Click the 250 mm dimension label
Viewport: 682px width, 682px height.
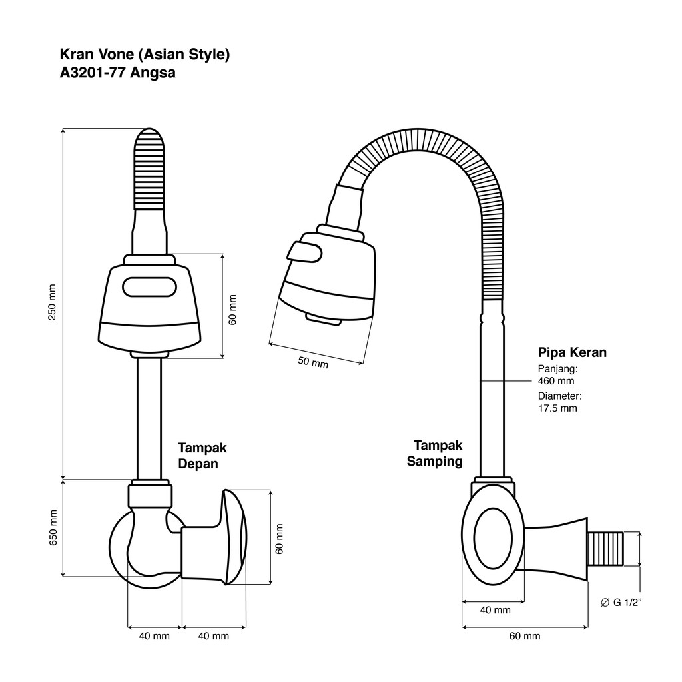[52, 302]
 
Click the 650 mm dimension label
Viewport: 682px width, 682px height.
[53, 528]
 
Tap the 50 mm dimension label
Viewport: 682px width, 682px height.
[313, 362]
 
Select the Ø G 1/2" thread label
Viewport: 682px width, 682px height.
[621, 602]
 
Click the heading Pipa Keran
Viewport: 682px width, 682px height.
[572, 352]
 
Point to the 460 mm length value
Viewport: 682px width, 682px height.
[556, 381]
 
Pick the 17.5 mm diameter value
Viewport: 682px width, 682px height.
[557, 408]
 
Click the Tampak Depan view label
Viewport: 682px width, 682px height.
[202, 456]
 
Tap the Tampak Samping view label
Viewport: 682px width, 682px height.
[434, 453]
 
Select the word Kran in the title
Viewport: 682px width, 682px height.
[72, 54]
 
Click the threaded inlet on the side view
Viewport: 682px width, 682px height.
[605, 549]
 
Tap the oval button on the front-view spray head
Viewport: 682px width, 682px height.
[149, 288]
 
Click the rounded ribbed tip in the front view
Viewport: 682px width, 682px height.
[149, 169]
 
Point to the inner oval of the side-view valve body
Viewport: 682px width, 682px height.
[493, 538]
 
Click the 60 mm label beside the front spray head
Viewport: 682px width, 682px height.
[232, 310]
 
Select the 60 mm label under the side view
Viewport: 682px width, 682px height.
[525, 636]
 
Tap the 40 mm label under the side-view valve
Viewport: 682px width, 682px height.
[495, 610]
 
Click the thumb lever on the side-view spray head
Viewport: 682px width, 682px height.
[304, 252]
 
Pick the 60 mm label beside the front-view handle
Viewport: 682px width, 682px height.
[280, 539]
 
